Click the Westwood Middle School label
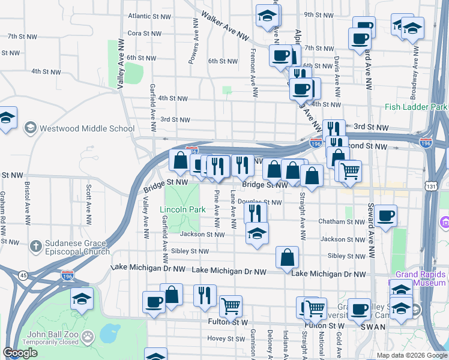(x=88, y=128)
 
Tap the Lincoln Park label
(x=179, y=210)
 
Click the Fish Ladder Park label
(x=417, y=107)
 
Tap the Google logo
(x=20, y=353)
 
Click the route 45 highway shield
(x=23, y=275)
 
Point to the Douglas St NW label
(x=259, y=202)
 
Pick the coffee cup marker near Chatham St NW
(x=387, y=215)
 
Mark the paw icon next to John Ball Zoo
(x=88, y=337)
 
